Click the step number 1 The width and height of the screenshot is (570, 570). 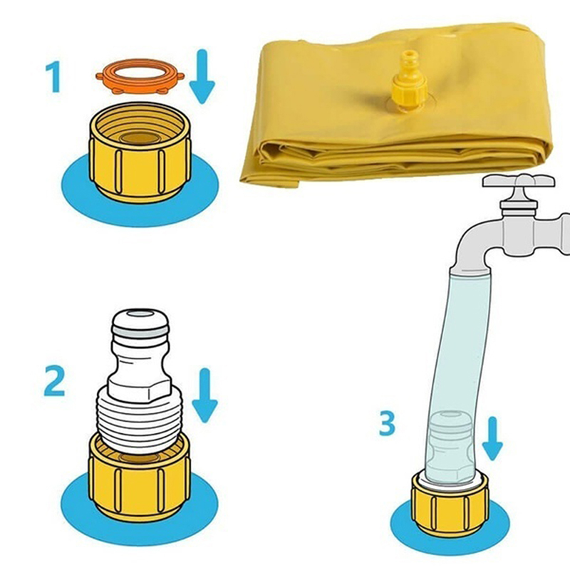(53, 76)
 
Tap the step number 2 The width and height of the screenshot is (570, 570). (55, 380)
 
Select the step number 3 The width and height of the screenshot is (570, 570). (387, 423)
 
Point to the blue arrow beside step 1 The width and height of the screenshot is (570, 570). (202, 76)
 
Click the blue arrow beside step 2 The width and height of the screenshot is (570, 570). (204, 395)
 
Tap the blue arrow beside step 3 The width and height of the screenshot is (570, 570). (492, 439)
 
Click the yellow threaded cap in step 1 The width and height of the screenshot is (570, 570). (140, 152)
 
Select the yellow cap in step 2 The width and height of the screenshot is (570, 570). (140, 475)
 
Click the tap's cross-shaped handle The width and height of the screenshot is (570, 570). (519, 181)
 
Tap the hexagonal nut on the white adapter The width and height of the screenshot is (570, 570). (140, 390)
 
